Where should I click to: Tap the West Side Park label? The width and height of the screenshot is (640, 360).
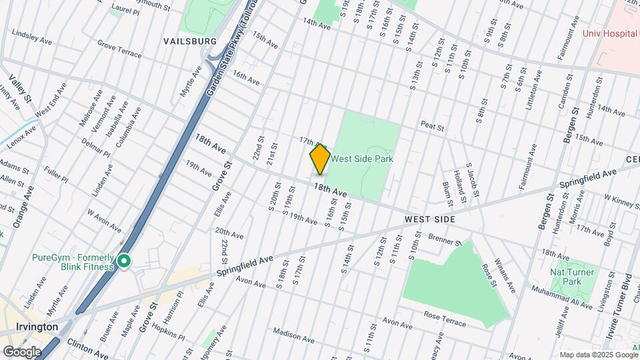point(362,159)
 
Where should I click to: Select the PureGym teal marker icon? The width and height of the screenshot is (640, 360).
point(125,261)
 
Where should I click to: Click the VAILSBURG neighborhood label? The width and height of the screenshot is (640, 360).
point(190,41)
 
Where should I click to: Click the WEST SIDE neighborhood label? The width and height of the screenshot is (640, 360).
point(429,219)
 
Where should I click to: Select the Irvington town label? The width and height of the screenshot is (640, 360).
point(37,327)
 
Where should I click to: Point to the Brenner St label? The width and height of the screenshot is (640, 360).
point(445,240)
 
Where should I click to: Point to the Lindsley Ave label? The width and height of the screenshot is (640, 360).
point(32,37)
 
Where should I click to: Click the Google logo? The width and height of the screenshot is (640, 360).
point(22,351)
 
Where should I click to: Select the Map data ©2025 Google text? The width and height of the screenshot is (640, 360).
point(598,355)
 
